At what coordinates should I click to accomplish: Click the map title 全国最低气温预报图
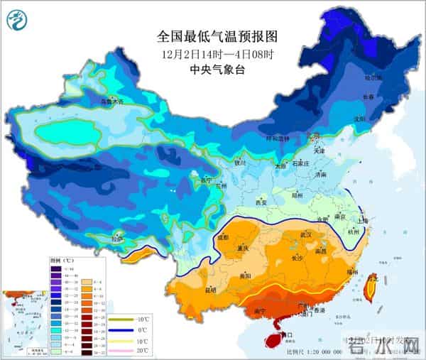[x=217, y=36]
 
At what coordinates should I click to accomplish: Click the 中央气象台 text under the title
[x=217, y=70]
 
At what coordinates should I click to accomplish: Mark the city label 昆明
[x=211, y=290]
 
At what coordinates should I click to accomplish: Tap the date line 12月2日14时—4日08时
[x=217, y=54]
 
